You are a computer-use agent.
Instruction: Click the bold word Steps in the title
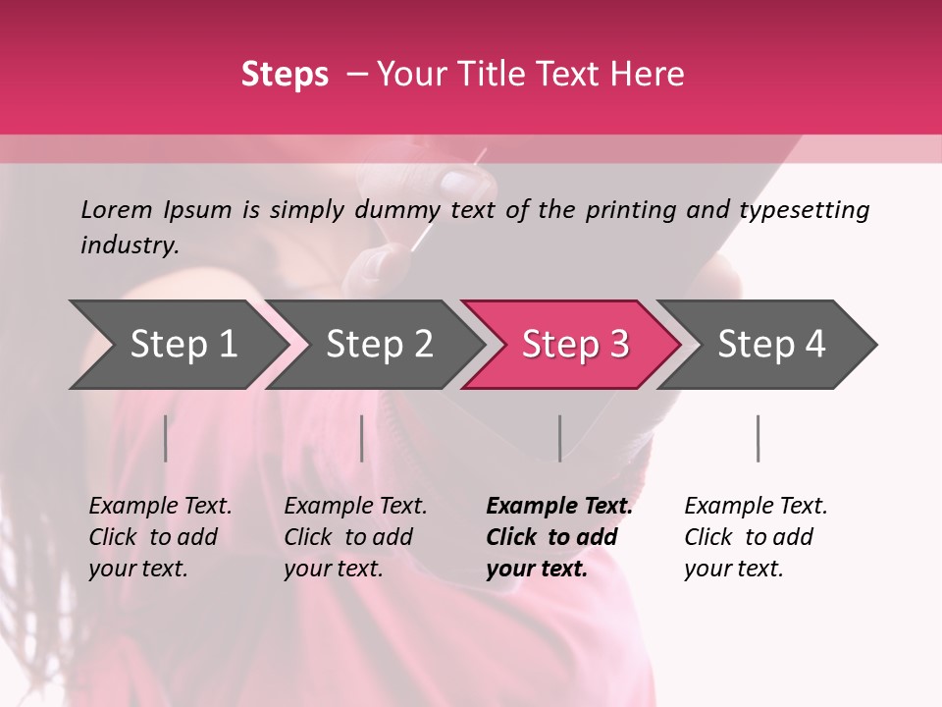(285, 75)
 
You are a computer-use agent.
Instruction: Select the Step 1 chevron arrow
(177, 345)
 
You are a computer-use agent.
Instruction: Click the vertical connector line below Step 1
(166, 438)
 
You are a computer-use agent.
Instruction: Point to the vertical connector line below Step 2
(362, 438)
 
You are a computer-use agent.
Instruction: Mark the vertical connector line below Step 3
(560, 438)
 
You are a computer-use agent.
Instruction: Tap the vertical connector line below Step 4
(759, 438)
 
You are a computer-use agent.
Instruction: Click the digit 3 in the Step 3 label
(618, 345)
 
